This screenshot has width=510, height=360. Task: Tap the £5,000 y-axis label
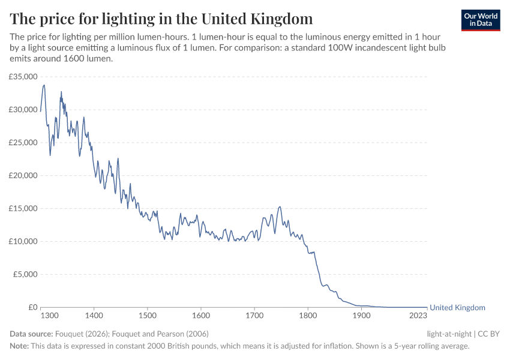click(26, 274)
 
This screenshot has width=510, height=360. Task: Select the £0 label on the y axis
click(32, 307)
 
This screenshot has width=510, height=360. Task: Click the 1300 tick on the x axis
click(49, 315)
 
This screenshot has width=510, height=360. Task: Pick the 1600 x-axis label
click(200, 315)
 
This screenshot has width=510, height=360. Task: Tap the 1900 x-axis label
click(362, 315)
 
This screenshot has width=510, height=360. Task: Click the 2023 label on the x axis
click(419, 315)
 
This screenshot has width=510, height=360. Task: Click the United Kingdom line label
click(457, 308)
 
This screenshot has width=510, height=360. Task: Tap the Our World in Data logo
click(481, 20)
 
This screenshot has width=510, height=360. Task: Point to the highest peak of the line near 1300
click(44, 85)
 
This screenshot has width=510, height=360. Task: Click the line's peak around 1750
click(280, 207)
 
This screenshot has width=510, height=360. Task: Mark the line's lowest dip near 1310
click(50, 155)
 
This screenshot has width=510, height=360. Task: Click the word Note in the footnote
click(20, 346)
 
